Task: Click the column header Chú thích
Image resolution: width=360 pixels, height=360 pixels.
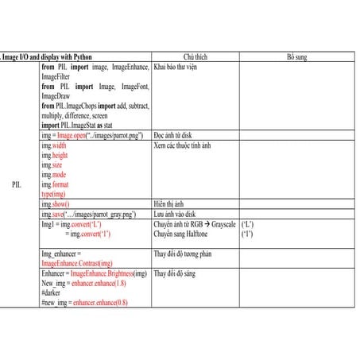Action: coord(195,58)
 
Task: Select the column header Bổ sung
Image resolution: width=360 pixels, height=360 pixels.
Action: coord(296,58)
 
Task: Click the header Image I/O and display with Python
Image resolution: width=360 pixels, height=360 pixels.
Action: coord(48,58)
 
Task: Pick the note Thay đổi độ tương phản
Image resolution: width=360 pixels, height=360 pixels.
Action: coord(184,254)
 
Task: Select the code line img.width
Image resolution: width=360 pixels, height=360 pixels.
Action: coord(54,146)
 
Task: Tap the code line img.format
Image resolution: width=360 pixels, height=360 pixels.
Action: coord(56,184)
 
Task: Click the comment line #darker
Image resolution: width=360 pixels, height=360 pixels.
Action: coord(52,292)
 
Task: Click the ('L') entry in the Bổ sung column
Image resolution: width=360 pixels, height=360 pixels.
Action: coord(247,225)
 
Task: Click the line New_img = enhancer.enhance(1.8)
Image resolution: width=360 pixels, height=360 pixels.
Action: coord(83,283)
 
